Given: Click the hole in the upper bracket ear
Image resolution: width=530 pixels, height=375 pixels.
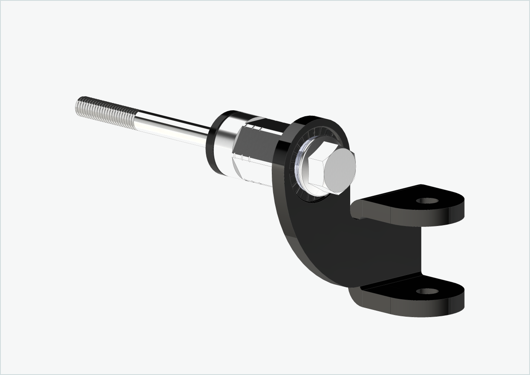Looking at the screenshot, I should tap(427, 200).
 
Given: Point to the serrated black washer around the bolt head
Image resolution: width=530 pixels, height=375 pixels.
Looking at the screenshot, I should tap(298, 187).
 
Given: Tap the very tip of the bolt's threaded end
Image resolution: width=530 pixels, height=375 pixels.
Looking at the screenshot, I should tap(78, 106).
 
